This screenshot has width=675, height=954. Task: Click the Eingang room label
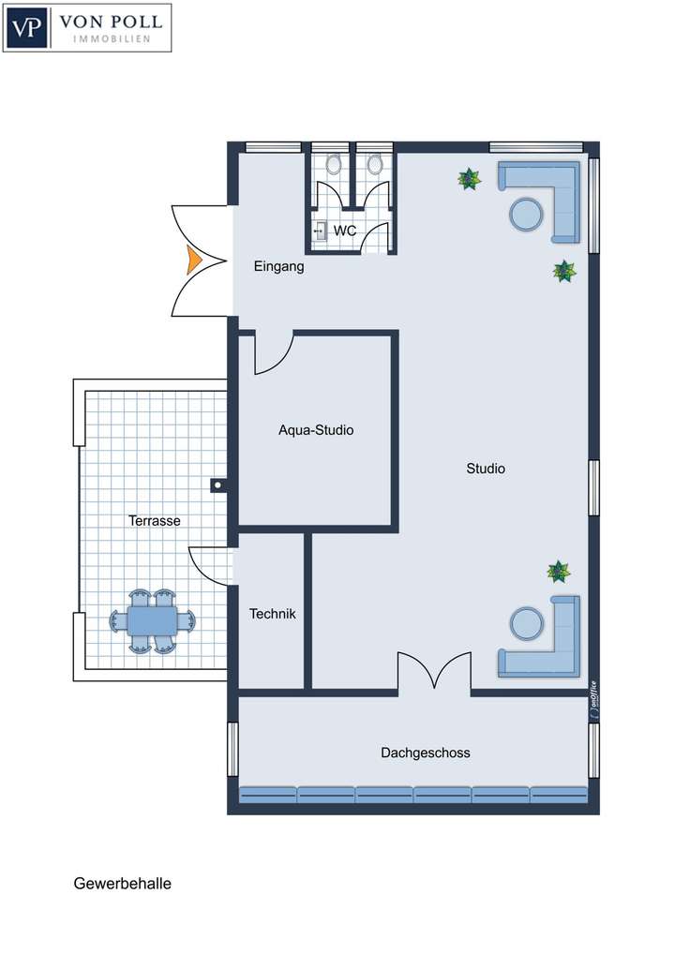pos(279,267)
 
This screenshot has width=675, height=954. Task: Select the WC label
pos(344,231)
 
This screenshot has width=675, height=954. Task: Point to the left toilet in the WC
pos(332,165)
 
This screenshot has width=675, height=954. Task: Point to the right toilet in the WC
pos(375,165)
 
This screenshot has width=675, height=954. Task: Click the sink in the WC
pos(320,231)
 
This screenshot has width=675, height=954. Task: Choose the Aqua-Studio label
pos(316,431)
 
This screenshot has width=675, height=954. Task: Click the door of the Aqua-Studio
pos(273,353)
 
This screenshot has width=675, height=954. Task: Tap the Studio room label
pos(486,469)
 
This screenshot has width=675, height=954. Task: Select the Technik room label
pos(272,614)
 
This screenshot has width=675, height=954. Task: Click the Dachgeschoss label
pos(425,753)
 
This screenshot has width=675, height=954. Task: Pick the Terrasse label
pos(154,521)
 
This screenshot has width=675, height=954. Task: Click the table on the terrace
pos(153,620)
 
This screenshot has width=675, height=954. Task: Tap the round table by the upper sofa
pos(527,214)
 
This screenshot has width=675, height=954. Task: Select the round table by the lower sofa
pos(526,623)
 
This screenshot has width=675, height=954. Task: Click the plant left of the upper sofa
pos(469,178)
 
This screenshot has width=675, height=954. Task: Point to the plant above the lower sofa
pos(559,571)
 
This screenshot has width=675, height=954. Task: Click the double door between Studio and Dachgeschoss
pos(434,673)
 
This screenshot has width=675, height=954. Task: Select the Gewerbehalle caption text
pos(122,883)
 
